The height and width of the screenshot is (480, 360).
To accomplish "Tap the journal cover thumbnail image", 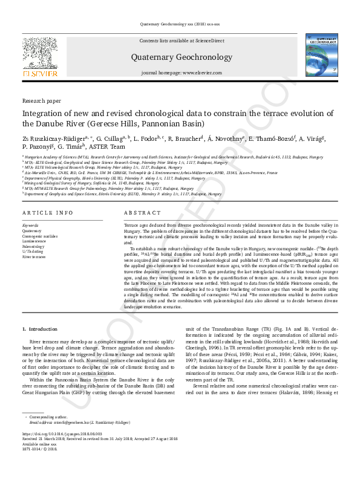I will point(321,56).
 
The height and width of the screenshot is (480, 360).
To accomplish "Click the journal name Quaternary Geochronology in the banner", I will point(182,57).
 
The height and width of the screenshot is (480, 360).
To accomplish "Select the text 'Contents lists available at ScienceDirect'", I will point(182,41).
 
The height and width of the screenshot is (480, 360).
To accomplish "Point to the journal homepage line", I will point(182,73).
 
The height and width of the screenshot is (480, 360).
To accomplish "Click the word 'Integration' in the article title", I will point(42,113).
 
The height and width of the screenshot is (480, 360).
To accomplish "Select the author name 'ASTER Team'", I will point(110,146).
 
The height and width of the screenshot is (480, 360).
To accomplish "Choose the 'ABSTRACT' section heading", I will point(142,213).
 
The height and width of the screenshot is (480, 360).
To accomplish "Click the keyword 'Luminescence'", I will point(34,241).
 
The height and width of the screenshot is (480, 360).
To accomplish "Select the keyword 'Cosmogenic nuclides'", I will point(41,236).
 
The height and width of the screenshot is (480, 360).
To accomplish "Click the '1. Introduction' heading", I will point(40,329).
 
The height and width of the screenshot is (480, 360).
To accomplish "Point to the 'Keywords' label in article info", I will point(30,225).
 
